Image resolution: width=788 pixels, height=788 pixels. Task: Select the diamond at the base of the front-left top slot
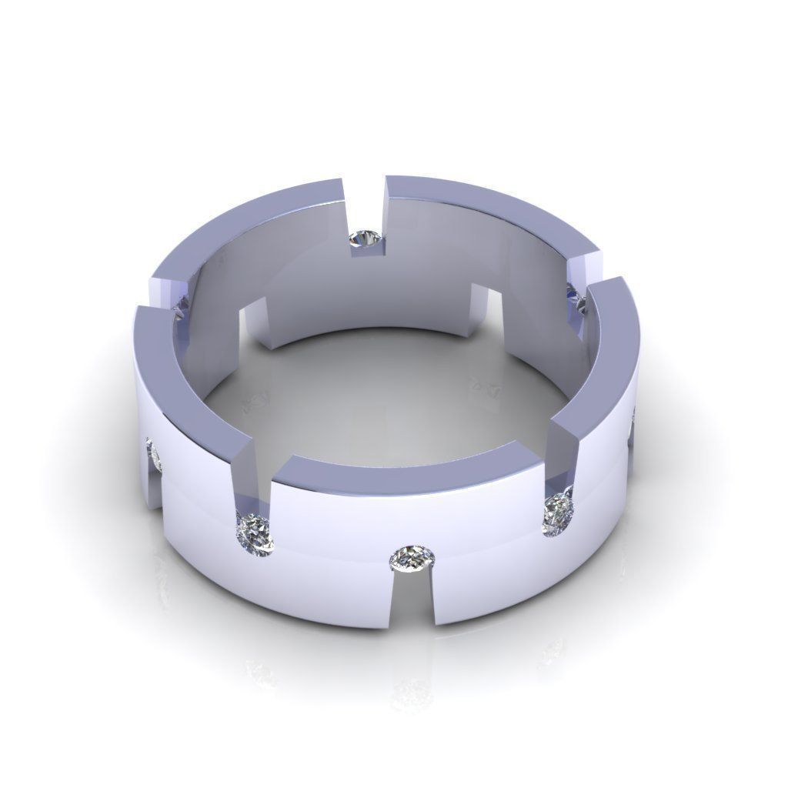click(255, 530)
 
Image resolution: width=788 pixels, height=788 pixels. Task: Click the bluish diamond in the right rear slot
click(576, 296)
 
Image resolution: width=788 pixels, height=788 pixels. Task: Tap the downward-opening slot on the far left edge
click(155, 492)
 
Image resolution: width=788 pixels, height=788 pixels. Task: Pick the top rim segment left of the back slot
click(254, 223)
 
